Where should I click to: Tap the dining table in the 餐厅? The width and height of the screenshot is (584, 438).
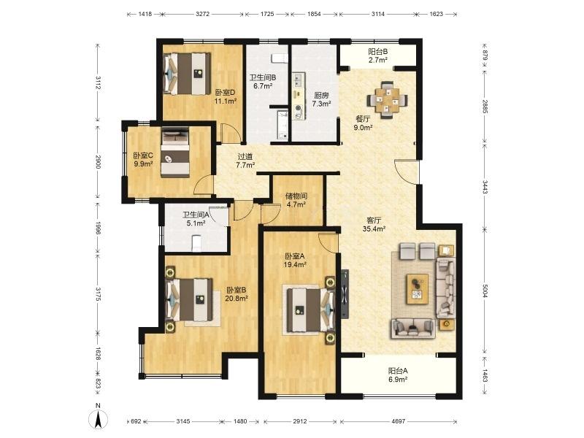(x=387, y=99)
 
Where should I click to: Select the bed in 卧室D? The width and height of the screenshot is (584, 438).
(x=187, y=74)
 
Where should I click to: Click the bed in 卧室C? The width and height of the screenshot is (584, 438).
(x=175, y=153)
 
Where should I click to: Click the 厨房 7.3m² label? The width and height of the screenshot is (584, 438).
(x=321, y=99)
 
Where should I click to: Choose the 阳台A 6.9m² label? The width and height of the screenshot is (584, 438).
(x=398, y=375)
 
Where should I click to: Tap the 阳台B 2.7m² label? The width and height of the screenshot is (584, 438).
(x=378, y=55)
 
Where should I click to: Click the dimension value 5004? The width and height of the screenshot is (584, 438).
(x=484, y=291)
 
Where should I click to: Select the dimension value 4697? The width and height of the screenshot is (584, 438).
(x=398, y=421)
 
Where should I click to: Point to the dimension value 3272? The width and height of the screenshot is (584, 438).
(x=203, y=14)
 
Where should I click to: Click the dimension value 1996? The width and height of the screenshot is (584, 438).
(x=98, y=228)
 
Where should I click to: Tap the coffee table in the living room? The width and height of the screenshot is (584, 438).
(x=418, y=288)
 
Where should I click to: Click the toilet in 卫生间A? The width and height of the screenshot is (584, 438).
(x=196, y=244)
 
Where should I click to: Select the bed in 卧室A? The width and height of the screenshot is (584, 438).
(x=310, y=310)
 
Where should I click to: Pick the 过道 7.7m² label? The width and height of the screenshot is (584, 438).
(x=245, y=161)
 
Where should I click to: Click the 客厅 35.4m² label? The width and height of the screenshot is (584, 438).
(x=374, y=225)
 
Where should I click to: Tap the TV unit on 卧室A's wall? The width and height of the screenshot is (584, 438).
(x=345, y=294)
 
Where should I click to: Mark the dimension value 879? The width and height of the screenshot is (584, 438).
(x=485, y=56)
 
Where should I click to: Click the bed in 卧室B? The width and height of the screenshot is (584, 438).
(x=189, y=299)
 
